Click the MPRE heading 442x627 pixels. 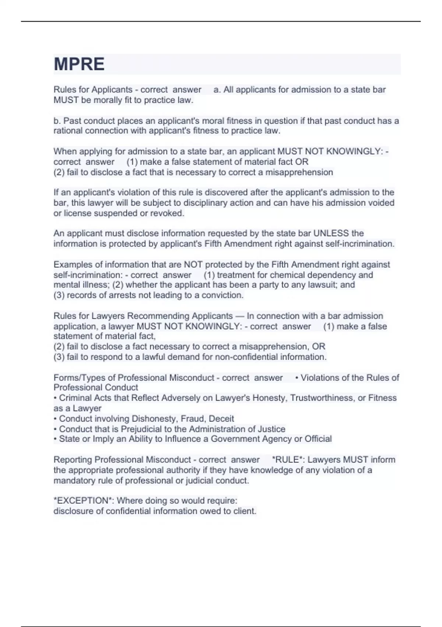click(x=79, y=64)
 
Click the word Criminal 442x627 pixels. click(x=75, y=398)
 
